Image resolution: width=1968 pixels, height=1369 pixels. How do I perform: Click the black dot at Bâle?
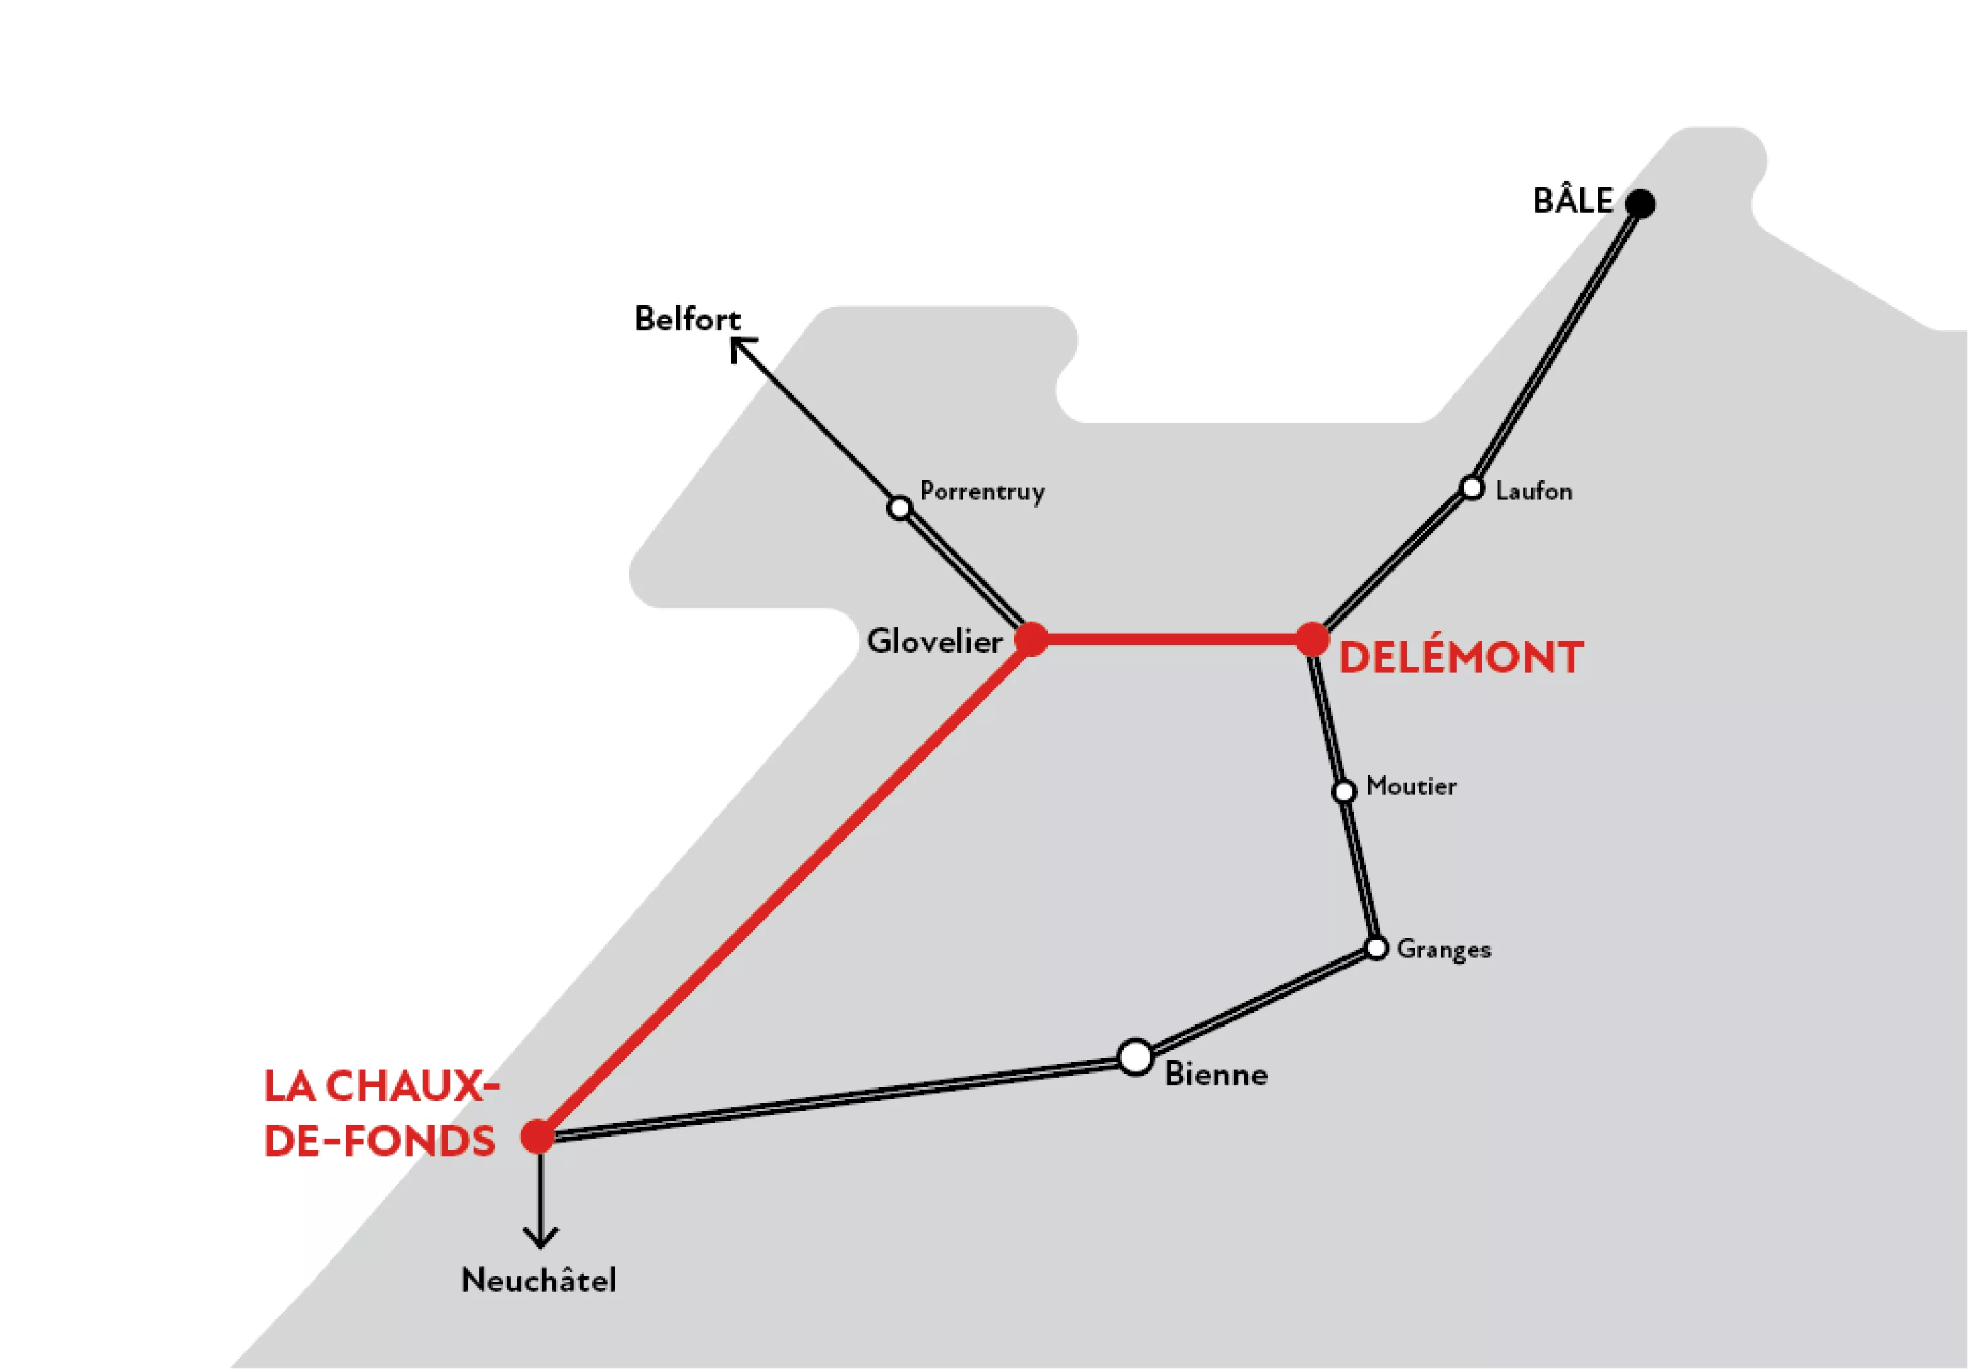1640,204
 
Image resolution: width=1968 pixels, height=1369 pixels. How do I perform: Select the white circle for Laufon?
1472,488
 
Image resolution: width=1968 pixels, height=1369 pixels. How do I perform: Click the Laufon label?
1533,491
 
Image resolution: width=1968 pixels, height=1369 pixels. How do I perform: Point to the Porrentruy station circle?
899,508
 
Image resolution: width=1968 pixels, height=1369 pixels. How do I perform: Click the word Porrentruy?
982,492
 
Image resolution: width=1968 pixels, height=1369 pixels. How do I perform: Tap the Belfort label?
687,319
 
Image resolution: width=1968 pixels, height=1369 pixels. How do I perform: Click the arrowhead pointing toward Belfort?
739,345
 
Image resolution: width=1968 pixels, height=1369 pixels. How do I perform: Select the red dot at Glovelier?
1031,639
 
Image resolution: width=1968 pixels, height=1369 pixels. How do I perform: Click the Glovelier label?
934,641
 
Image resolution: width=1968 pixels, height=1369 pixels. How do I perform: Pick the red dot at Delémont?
1312,639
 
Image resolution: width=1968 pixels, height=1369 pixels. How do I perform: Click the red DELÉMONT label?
1460,657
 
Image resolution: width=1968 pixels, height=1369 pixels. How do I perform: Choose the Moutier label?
1411,786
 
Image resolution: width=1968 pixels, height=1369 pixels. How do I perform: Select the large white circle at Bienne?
1136,1057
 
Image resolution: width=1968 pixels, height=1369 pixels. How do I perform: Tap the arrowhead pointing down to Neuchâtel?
540,1238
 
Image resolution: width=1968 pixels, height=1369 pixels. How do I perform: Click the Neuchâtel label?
539,1280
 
